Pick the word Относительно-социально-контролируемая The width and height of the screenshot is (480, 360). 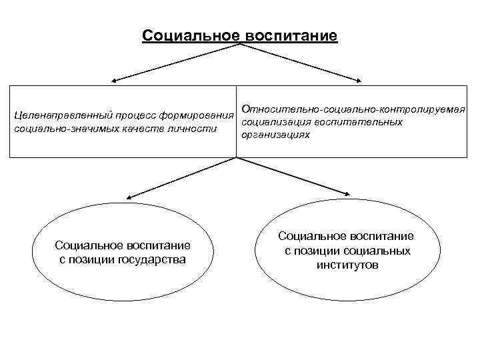(353, 109)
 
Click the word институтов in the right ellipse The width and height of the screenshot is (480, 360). (347, 265)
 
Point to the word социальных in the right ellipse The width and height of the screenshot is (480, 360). (377, 251)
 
